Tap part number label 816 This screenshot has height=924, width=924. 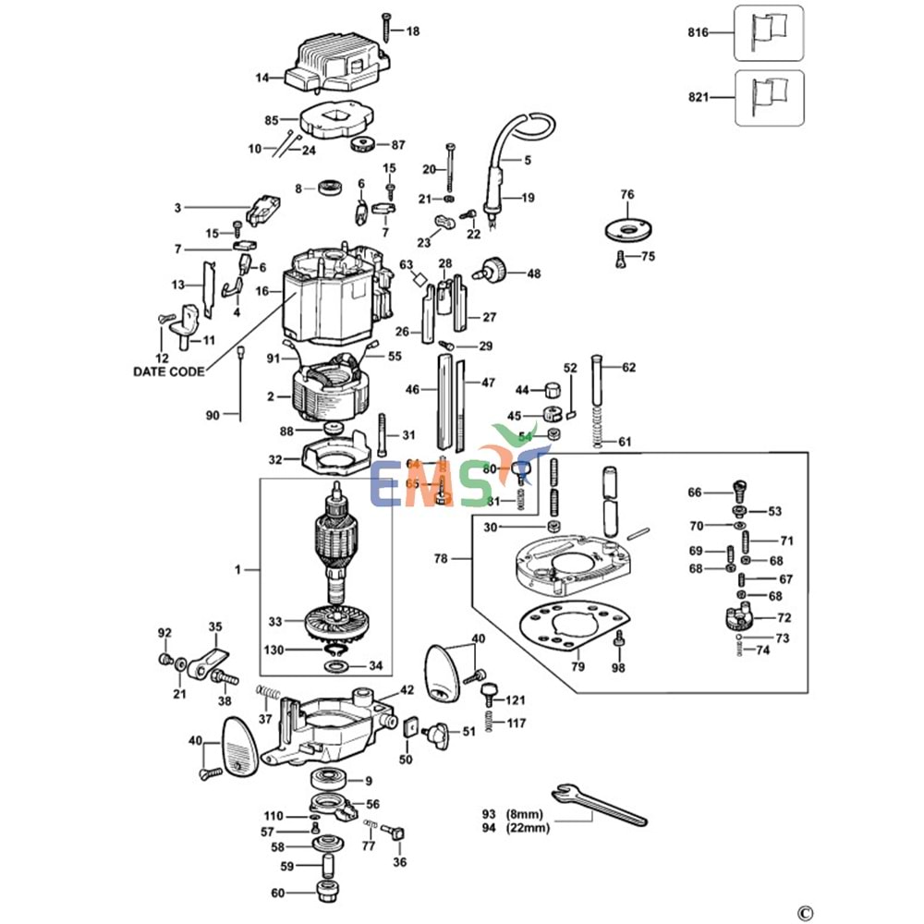[697, 32]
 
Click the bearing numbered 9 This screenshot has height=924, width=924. [328, 780]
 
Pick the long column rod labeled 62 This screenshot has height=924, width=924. [596, 388]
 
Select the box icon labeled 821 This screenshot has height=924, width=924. [769, 98]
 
